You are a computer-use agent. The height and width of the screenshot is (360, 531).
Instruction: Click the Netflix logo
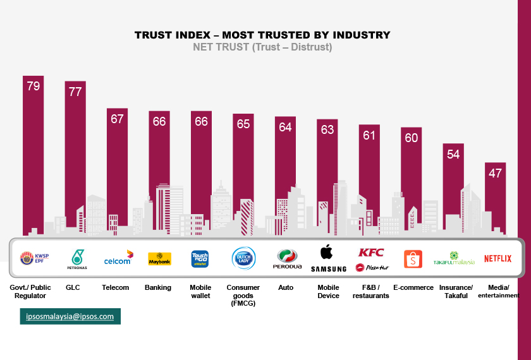tap(497, 258)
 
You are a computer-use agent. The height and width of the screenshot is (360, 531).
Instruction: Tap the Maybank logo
tap(159, 259)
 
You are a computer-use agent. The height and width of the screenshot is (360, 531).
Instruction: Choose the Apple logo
tap(326, 252)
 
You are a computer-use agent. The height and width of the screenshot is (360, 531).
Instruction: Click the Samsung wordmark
tap(329, 269)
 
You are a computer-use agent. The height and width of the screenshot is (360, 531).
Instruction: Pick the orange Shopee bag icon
tap(412, 259)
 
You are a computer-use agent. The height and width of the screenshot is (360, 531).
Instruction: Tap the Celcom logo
tap(118, 258)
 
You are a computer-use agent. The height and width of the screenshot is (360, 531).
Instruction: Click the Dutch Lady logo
tap(243, 258)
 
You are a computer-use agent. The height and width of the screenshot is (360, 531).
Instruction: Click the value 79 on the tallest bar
tap(34, 86)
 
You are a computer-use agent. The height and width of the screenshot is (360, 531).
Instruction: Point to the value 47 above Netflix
tap(495, 173)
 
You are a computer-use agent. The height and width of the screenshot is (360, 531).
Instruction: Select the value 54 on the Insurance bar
tap(453, 154)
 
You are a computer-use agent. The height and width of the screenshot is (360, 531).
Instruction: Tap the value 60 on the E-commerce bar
tap(412, 138)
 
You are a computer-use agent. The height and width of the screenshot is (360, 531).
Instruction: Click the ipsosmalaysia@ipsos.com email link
tap(70, 316)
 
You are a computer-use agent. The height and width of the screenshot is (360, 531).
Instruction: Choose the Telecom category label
tap(116, 287)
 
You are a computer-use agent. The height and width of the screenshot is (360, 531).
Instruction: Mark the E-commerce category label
tap(413, 287)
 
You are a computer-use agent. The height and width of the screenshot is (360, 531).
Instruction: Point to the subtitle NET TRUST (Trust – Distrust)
tap(262, 47)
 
